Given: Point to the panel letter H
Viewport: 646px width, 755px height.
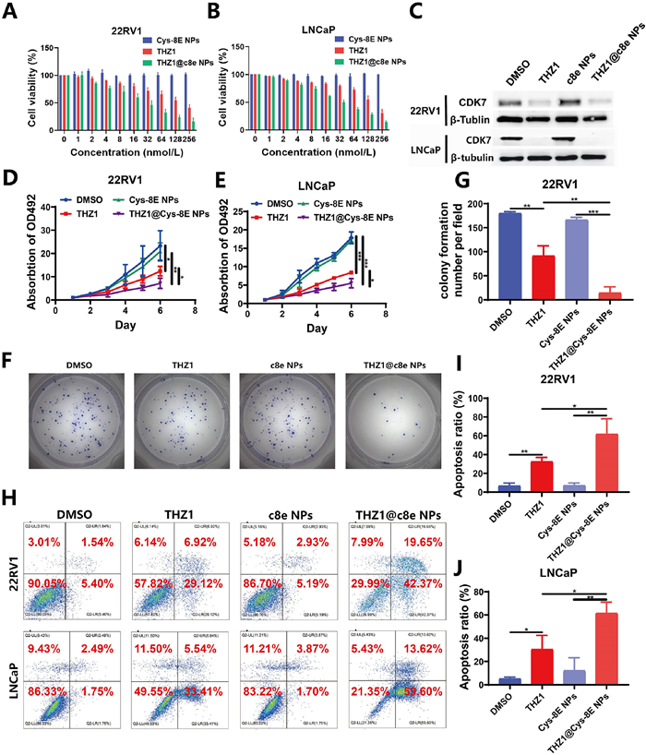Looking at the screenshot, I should click(12, 493).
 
